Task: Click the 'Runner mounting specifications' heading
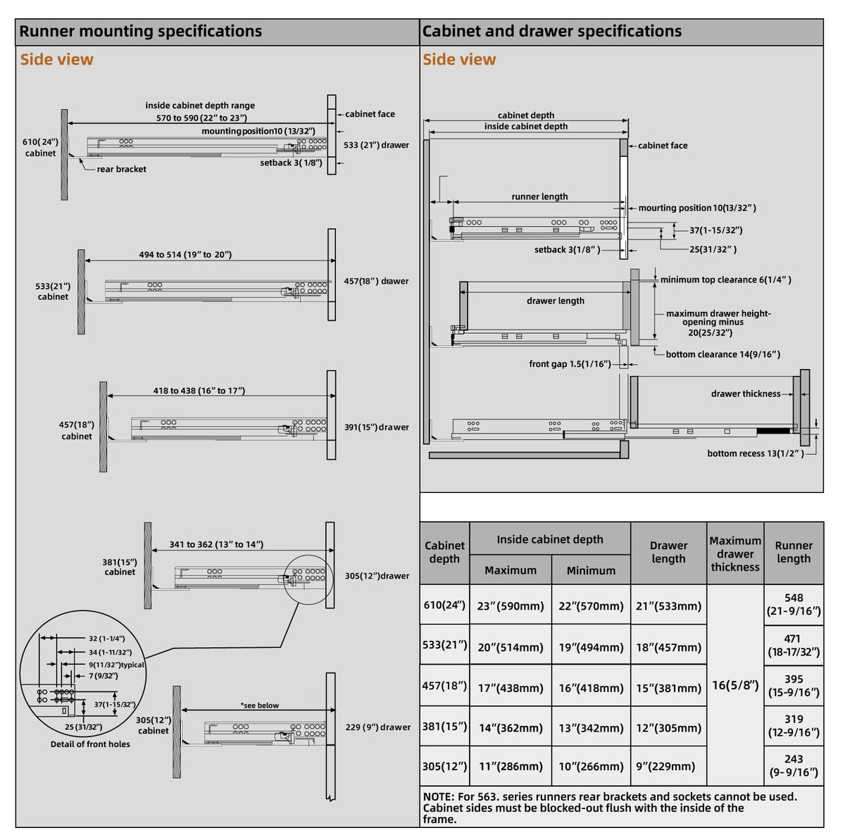click(140, 31)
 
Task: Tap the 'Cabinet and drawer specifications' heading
click(551, 31)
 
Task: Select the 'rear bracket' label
click(121, 169)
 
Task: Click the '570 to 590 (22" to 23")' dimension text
click(201, 118)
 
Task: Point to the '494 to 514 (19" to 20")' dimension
click(185, 254)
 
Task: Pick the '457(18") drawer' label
click(376, 281)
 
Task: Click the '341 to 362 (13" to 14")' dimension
click(216, 544)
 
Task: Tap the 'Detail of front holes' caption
click(90, 744)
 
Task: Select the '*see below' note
click(260, 706)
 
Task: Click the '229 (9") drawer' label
click(378, 727)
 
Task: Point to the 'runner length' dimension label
click(539, 196)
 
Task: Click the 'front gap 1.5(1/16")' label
click(570, 363)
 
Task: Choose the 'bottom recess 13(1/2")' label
click(756, 453)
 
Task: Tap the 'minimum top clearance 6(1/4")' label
click(726, 280)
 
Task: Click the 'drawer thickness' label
click(746, 394)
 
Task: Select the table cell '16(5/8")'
click(735, 684)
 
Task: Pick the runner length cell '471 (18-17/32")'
click(794, 645)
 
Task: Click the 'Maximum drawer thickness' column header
click(735, 553)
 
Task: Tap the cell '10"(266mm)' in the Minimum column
click(591, 766)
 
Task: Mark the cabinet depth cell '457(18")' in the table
click(444, 685)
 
